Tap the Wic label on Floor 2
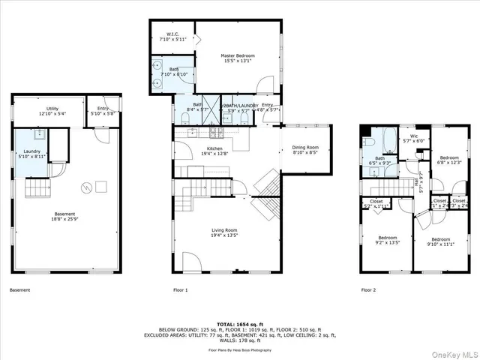(x=413, y=136)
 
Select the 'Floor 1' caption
(x=180, y=289)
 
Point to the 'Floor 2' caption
(x=367, y=289)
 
